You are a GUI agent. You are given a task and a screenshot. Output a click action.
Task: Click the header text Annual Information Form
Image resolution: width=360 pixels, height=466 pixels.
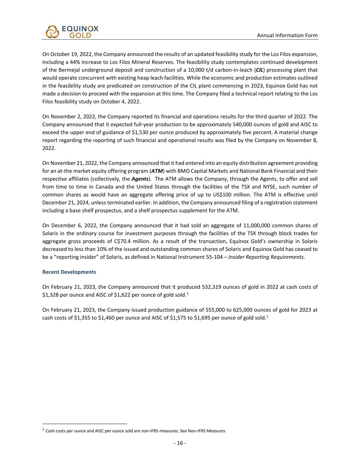pos(287,36)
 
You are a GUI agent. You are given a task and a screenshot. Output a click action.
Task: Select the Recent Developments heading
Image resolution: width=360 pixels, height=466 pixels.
pos(69,272)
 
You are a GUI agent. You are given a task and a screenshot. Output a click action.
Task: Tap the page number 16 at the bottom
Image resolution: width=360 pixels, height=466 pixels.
pos(180,443)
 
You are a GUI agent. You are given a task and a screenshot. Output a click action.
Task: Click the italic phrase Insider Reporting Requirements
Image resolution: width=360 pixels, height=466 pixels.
pos(266,257)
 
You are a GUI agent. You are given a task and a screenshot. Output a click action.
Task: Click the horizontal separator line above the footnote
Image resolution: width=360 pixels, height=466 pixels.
pos(84,424)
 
